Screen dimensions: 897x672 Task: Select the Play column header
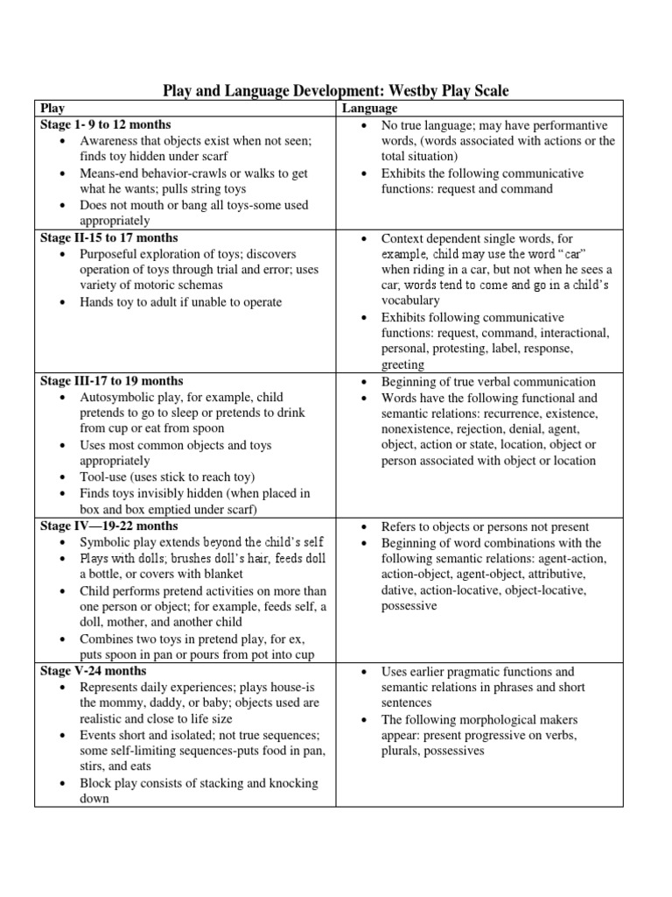53,109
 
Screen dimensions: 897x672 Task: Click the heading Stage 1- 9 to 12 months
106,124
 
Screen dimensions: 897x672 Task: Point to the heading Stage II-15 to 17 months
109,237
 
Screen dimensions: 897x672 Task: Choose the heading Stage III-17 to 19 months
112,381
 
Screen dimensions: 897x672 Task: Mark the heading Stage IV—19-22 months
109,526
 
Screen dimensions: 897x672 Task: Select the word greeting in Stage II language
402,364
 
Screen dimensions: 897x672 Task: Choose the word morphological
480,719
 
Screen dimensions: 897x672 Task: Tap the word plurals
402,751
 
